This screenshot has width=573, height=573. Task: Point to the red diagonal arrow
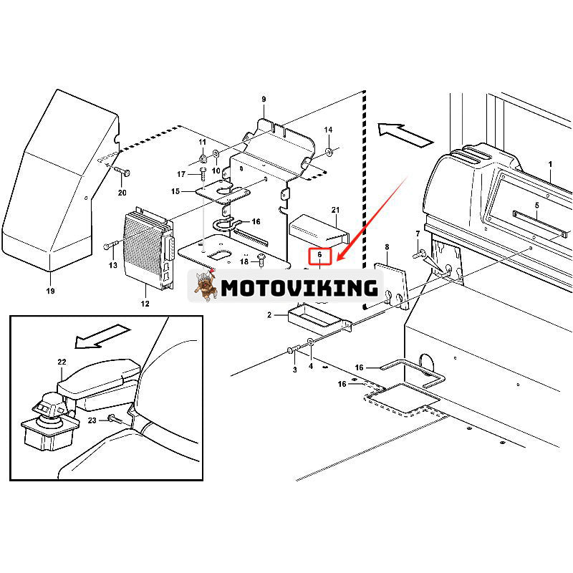[x=372, y=215]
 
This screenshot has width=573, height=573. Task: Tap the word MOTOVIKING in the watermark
[x=299, y=287]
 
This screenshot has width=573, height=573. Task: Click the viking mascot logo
[x=204, y=286]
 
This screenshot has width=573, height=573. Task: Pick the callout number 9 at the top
[x=264, y=99]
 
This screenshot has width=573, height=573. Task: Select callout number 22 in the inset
[x=62, y=363]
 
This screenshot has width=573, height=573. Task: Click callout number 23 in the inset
[x=92, y=420]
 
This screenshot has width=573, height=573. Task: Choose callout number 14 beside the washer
[x=328, y=130]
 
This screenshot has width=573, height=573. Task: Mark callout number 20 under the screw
[x=121, y=193]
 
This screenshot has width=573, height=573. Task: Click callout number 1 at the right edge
[x=550, y=164]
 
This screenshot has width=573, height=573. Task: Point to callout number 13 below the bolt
[x=112, y=265]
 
